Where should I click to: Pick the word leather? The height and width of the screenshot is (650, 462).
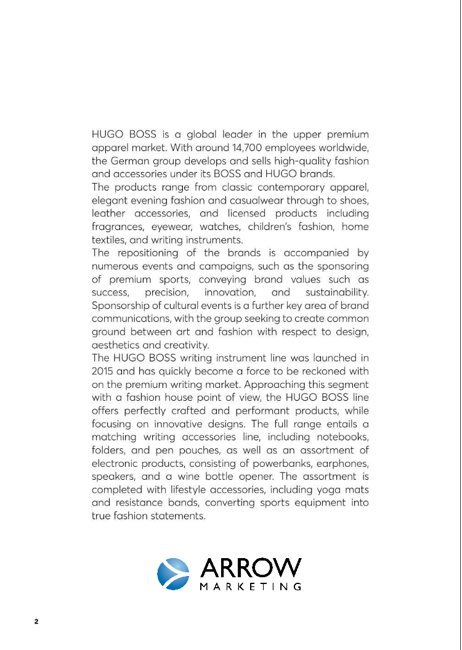tap(108, 213)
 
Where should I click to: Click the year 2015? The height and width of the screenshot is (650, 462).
tap(103, 371)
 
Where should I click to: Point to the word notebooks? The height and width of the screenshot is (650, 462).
tap(341, 436)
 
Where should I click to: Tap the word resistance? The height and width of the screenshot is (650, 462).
tap(140, 502)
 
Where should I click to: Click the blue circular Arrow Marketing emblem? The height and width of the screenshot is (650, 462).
tap(173, 574)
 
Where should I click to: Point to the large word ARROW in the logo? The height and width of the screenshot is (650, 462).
tap(251, 568)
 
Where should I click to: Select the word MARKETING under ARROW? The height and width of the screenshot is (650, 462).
tap(251, 586)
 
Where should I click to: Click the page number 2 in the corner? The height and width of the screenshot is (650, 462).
tap(36, 622)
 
